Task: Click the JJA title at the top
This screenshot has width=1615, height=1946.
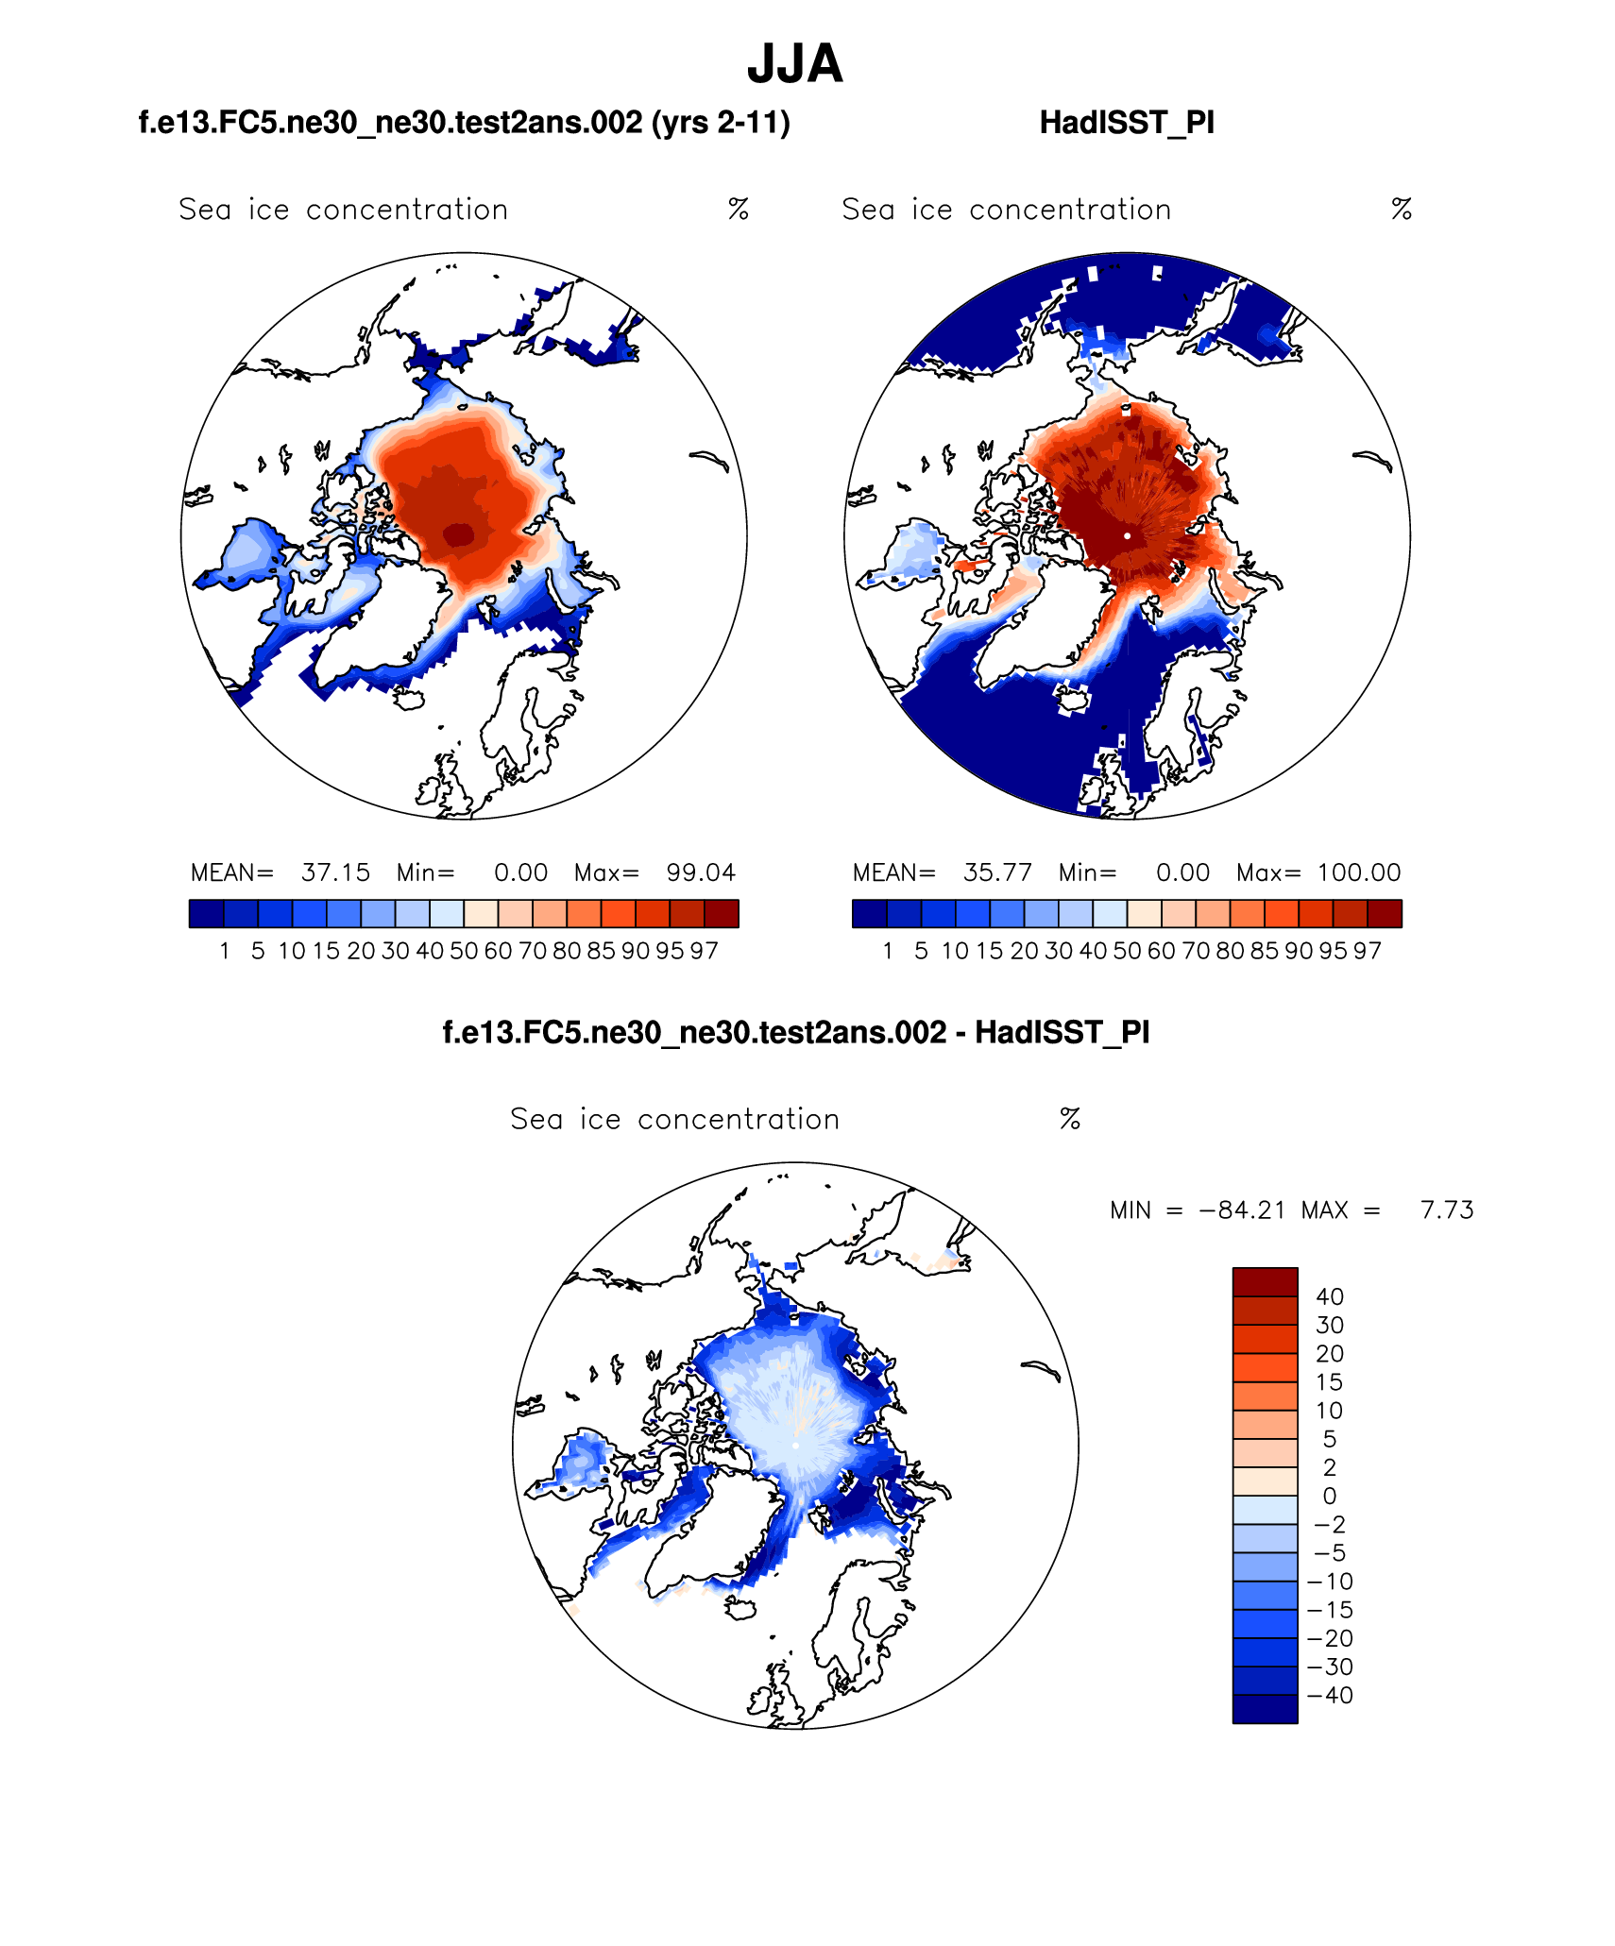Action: (x=794, y=64)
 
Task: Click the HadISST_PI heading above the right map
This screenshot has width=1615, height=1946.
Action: (x=1126, y=123)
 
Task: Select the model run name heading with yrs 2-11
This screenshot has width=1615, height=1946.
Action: (x=464, y=123)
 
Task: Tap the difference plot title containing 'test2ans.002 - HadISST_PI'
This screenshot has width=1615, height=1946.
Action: (x=796, y=1032)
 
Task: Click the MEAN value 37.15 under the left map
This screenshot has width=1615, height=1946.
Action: (x=335, y=872)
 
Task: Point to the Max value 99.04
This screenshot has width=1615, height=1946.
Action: (x=700, y=872)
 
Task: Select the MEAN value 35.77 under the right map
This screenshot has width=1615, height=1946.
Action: (x=997, y=872)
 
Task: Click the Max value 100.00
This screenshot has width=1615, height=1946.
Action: (x=1359, y=872)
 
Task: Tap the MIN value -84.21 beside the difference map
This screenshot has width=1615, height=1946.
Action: (x=1242, y=1210)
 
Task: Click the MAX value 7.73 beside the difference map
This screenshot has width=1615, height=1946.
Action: (x=1447, y=1210)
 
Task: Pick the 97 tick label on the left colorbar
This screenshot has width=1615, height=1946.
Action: (x=704, y=951)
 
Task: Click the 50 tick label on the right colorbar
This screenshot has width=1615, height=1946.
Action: (x=1127, y=951)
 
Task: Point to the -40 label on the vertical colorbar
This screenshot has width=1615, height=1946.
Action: (x=1330, y=1695)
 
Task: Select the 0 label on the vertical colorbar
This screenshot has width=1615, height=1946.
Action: (x=1330, y=1496)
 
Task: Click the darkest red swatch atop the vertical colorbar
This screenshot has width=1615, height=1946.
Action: (x=1265, y=1281)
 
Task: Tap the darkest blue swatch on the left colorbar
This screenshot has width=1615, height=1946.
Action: (x=206, y=914)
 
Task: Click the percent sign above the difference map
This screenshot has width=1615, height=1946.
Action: (x=1069, y=1119)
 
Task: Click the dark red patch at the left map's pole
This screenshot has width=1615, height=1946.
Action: (x=459, y=534)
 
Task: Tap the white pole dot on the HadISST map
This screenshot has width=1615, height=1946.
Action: (x=1127, y=535)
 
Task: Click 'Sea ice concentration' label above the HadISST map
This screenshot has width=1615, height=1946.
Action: (x=1006, y=210)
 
